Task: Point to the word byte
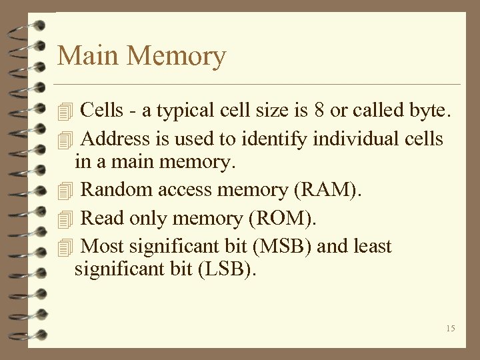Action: [431, 111]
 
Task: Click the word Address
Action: [115, 139]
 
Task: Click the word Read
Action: [101, 219]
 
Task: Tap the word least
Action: [371, 247]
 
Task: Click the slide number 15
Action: [451, 328]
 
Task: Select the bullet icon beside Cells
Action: [64, 111]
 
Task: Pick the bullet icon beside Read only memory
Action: [64, 219]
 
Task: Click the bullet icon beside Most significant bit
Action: [64, 247]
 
